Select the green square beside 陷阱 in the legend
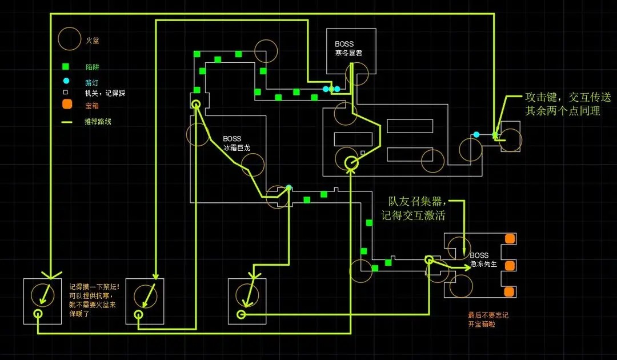tap(67, 66)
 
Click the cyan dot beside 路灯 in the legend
tap(67, 80)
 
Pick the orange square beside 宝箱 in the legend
tap(67, 104)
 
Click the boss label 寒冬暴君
tap(348, 53)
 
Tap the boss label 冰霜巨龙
tap(237, 147)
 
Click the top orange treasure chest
tap(508, 238)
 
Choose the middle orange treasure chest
tap(508, 265)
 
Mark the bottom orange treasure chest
tap(508, 291)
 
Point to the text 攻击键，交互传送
tap(563, 97)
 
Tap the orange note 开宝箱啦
tap(481, 325)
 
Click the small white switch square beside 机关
tap(66, 92)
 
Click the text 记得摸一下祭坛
tap(94, 287)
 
